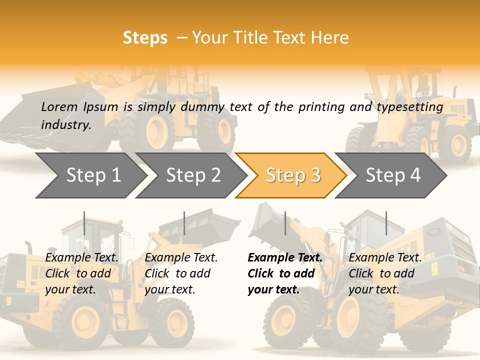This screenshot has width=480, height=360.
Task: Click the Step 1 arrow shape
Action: click(90, 175)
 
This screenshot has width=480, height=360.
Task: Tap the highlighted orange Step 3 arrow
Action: click(292, 175)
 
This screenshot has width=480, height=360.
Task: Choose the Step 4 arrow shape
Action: click(392, 175)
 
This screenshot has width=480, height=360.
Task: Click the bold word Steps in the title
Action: click(145, 38)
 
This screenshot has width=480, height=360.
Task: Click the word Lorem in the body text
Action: click(59, 106)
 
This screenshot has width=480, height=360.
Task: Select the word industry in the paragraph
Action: click(65, 124)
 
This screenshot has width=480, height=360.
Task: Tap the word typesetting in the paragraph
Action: click(409, 107)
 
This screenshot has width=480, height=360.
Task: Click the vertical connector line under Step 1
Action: click(84, 223)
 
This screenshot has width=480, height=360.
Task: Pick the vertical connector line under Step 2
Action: click(184, 223)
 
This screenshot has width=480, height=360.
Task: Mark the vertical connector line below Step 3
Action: click(285, 223)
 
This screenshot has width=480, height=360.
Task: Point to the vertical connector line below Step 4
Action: click(386, 223)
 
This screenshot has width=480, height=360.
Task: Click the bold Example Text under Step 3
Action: click(285, 258)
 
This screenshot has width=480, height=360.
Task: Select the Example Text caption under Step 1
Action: click(82, 258)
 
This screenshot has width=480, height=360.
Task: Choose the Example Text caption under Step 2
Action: click(181, 258)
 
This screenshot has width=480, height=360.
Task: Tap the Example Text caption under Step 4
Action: click(385, 258)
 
